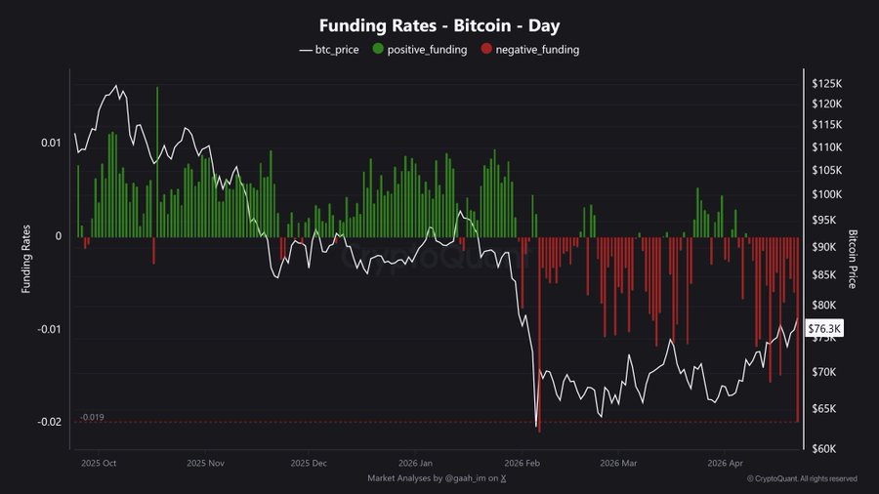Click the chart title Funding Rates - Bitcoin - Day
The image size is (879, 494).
pos(439,25)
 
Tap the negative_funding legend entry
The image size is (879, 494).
pos(533,49)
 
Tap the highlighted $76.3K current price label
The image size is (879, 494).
pos(825,330)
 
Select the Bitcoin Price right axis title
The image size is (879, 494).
pos(854,260)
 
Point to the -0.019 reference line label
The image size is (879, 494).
pos(93,417)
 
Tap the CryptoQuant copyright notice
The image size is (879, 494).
pos(802,478)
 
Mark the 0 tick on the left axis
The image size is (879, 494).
pos(59,236)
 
